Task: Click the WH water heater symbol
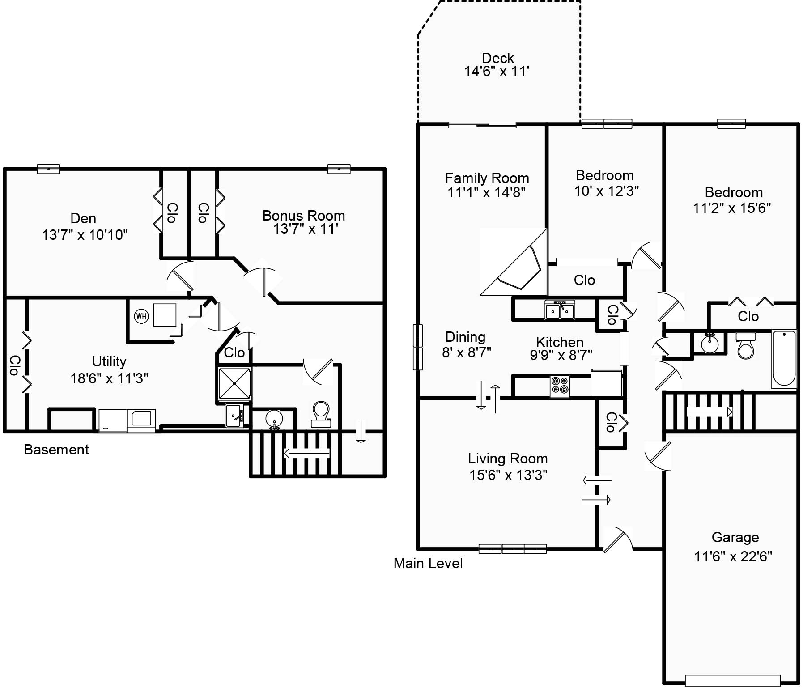141,316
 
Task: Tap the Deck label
497,58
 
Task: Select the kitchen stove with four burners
560,385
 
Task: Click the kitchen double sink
560,310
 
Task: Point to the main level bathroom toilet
745,346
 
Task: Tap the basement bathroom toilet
321,414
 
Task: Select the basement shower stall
234,383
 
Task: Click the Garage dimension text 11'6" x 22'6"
733,556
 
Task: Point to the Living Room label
508,459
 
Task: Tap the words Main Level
428,563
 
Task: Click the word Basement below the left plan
56,450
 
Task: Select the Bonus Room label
304,216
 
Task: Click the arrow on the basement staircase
307,453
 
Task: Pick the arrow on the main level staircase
710,412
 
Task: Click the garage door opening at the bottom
733,680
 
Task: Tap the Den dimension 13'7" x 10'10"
85,234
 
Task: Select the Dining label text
465,337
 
